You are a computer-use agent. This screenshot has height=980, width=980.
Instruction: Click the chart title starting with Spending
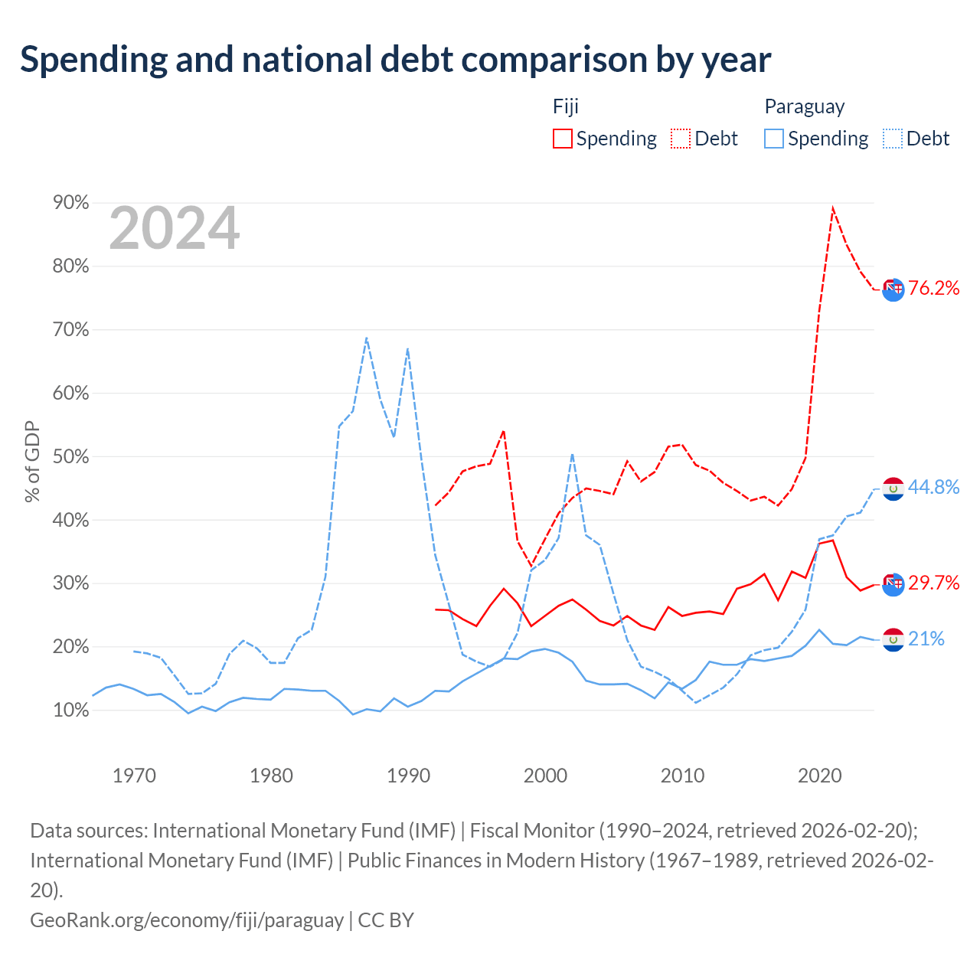(x=395, y=60)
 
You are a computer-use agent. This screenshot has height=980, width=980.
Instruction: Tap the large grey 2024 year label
(x=174, y=228)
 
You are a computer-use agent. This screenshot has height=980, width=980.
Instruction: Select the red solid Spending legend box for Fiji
(x=562, y=139)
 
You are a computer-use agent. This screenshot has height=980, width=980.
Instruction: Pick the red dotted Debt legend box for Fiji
(x=680, y=139)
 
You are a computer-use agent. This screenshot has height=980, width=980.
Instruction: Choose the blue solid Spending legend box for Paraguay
(x=773, y=139)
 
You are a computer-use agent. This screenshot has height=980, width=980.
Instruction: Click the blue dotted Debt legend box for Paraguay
(x=892, y=139)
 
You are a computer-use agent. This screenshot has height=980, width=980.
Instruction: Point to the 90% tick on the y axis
(x=70, y=202)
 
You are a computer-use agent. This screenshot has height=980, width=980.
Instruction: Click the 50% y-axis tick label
(x=70, y=456)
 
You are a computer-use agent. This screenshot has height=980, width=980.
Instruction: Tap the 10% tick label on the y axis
(x=70, y=710)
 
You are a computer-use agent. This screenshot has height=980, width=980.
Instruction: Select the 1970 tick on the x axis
(x=134, y=776)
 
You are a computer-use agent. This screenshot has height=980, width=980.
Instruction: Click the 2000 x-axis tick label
(x=545, y=776)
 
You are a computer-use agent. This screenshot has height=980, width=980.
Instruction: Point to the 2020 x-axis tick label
(x=819, y=776)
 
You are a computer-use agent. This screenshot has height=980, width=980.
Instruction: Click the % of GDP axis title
(x=32, y=461)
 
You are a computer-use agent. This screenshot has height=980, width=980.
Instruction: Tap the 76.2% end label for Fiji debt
(x=933, y=289)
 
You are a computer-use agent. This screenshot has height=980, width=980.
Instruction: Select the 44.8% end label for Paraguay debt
(x=933, y=487)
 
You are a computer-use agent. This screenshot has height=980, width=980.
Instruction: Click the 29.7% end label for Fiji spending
(x=933, y=583)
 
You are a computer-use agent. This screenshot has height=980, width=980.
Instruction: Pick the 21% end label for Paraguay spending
(x=926, y=639)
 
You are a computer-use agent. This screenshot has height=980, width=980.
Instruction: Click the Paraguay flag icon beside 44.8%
(x=893, y=488)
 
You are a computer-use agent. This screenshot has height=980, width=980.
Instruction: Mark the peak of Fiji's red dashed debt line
(x=832, y=207)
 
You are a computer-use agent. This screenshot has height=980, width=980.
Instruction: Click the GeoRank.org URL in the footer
(x=187, y=920)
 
